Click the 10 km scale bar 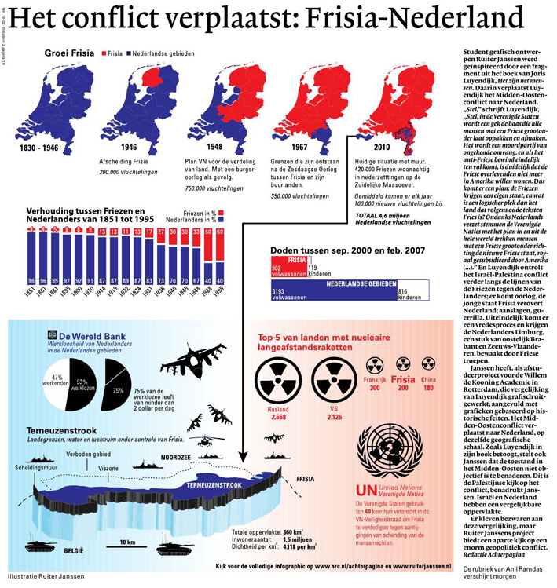pos(123,547)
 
